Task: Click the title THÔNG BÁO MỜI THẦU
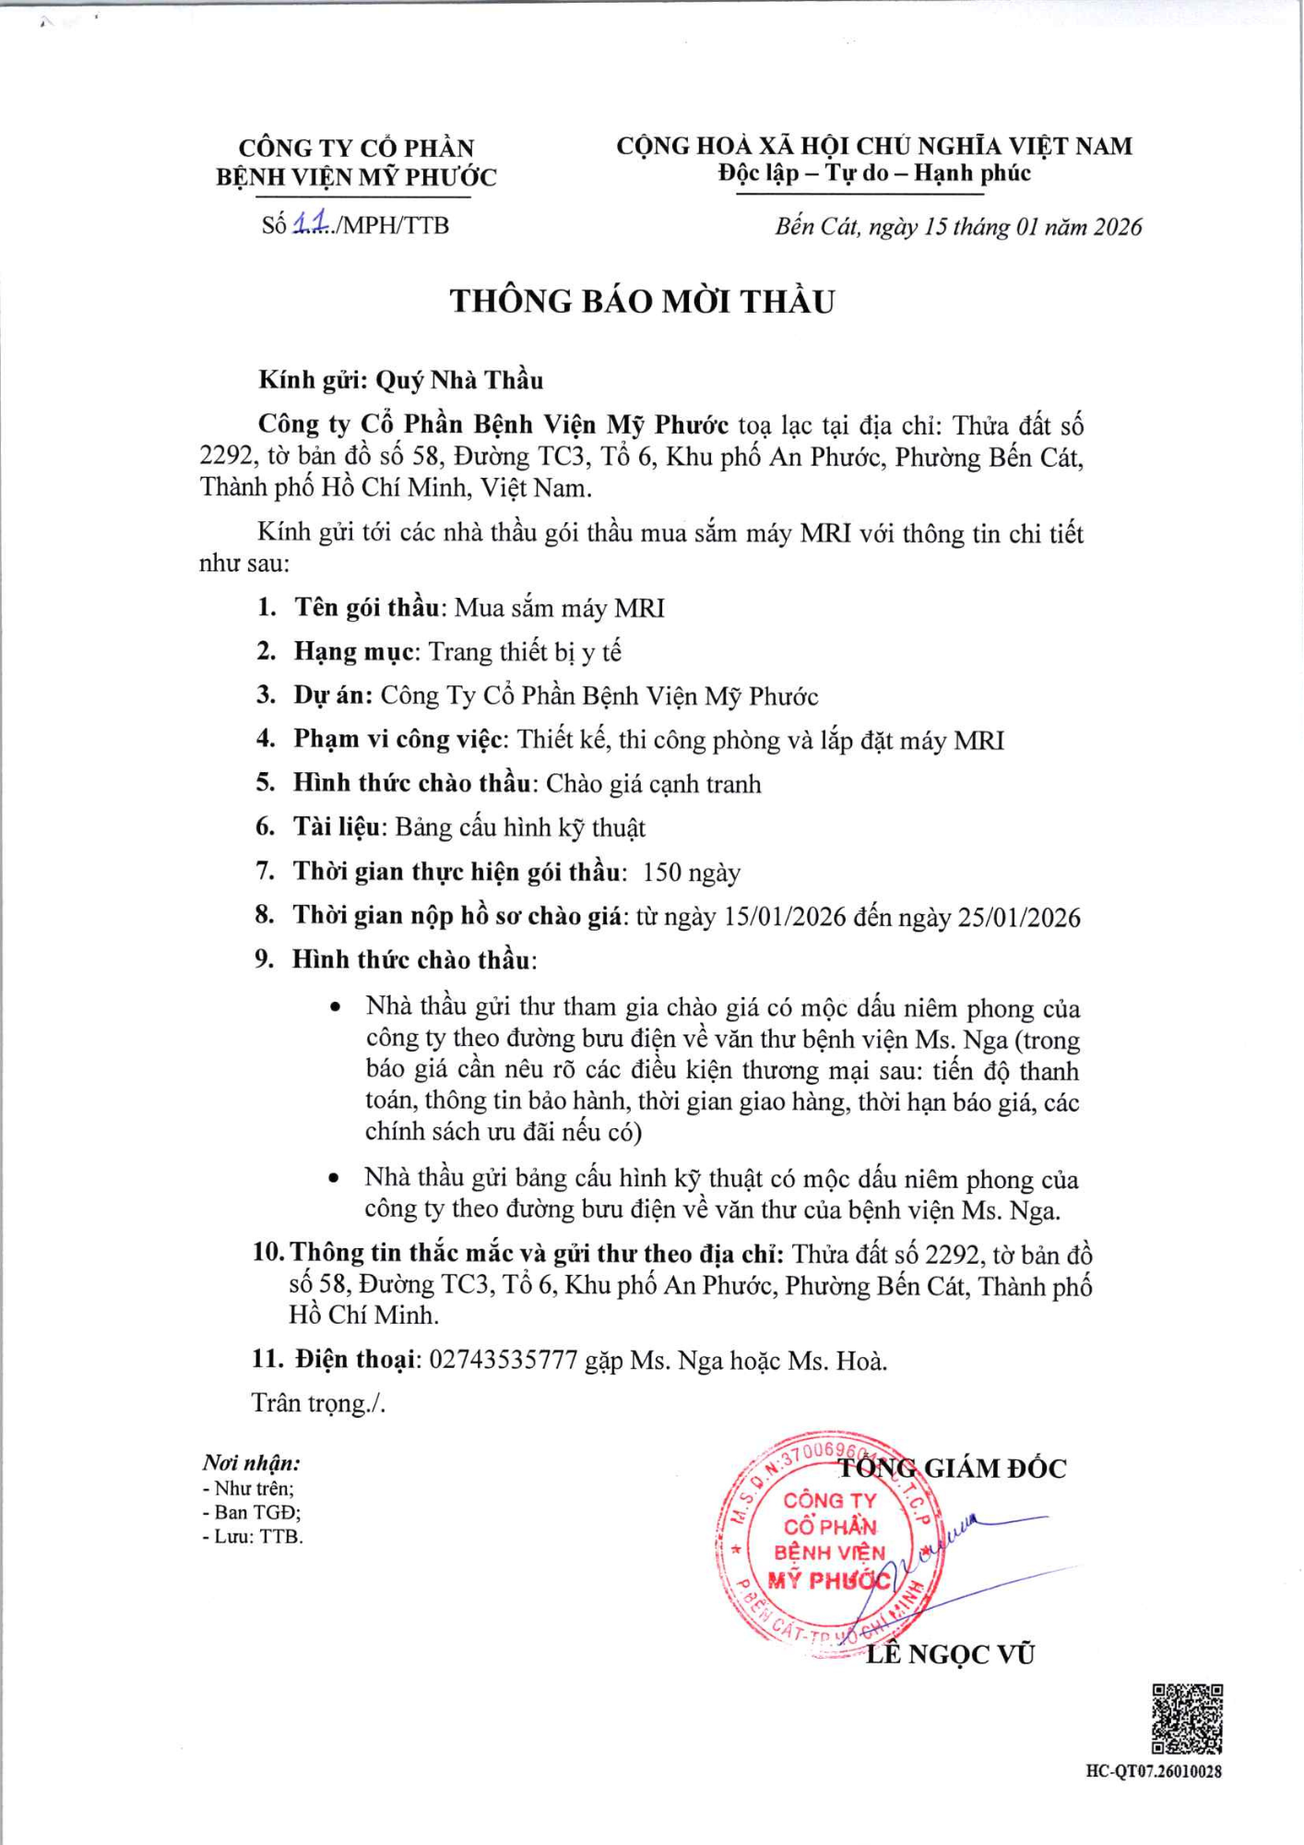coord(642,302)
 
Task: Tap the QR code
coord(1187,1719)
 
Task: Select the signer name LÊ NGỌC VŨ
coord(950,1654)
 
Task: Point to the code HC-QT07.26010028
coord(1154,1771)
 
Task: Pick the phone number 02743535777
coord(504,1360)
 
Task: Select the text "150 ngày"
coord(692,872)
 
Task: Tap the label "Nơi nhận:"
coord(251,1463)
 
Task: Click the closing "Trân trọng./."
coord(318,1403)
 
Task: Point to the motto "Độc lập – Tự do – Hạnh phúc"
coord(874,173)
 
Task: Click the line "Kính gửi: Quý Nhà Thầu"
coord(401,380)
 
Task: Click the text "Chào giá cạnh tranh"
coord(654,784)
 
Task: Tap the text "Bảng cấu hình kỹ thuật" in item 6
coord(520,827)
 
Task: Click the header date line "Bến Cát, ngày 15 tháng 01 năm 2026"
coord(958,227)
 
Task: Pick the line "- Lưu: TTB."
coord(253,1536)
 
